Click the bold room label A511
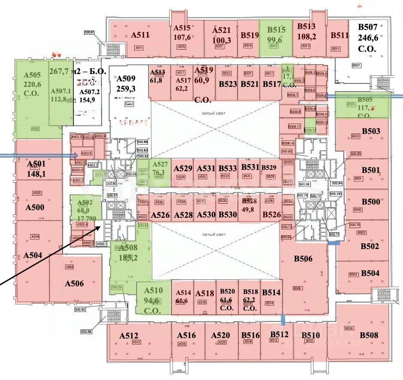[x=140, y=35]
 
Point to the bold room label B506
[x=303, y=258]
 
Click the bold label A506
[x=74, y=283]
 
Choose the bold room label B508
[x=369, y=335]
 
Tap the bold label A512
[x=129, y=335]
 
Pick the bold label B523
[x=228, y=84]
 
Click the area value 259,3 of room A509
[x=126, y=89]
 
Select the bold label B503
[x=371, y=131]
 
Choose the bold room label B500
[x=371, y=202]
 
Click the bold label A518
[x=205, y=294]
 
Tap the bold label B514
[x=271, y=293]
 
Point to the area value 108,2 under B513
[x=307, y=37]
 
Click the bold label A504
[x=33, y=255]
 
